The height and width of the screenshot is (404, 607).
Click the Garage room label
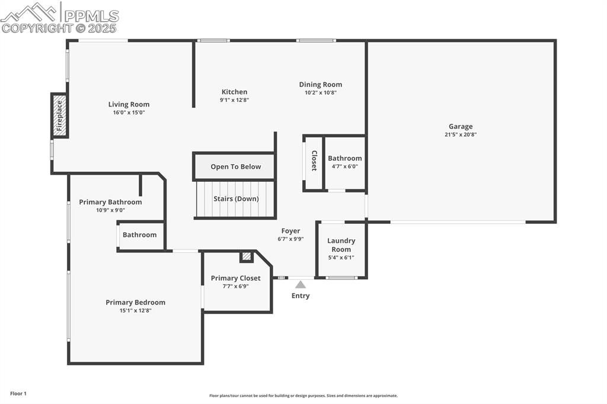pyautogui.click(x=460, y=126)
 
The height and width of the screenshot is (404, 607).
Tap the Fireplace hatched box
pyautogui.click(x=59, y=116)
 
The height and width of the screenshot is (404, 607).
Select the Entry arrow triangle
pyautogui.click(x=301, y=284)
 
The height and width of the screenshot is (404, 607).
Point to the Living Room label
pyautogui.click(x=129, y=105)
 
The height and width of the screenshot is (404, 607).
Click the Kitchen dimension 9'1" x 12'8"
pyautogui.click(x=234, y=100)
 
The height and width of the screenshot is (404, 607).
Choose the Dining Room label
pyautogui.click(x=320, y=85)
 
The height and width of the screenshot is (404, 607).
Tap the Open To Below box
pyautogui.click(x=235, y=166)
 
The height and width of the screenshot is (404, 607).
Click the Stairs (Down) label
pyautogui.click(x=236, y=198)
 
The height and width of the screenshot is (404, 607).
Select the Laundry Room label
pyautogui.click(x=341, y=245)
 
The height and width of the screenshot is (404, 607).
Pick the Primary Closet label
pyautogui.click(x=235, y=278)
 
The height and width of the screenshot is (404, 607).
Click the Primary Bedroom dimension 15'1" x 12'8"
pyautogui.click(x=135, y=310)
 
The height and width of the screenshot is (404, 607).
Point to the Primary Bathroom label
pyautogui.click(x=110, y=202)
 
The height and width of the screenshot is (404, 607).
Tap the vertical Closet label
pyautogui.click(x=314, y=161)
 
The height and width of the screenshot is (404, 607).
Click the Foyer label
pyautogui.click(x=290, y=231)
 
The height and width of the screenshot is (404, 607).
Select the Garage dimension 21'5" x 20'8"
pyautogui.click(x=460, y=134)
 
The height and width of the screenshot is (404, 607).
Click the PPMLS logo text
pyautogui.click(x=91, y=15)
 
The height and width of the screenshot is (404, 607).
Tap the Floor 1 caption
pyautogui.click(x=18, y=393)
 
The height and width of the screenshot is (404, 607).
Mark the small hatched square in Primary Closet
pyautogui.click(x=246, y=256)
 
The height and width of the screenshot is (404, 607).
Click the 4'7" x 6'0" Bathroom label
pyautogui.click(x=344, y=158)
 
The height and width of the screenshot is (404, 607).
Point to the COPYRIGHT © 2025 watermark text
pyautogui.click(x=59, y=28)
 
